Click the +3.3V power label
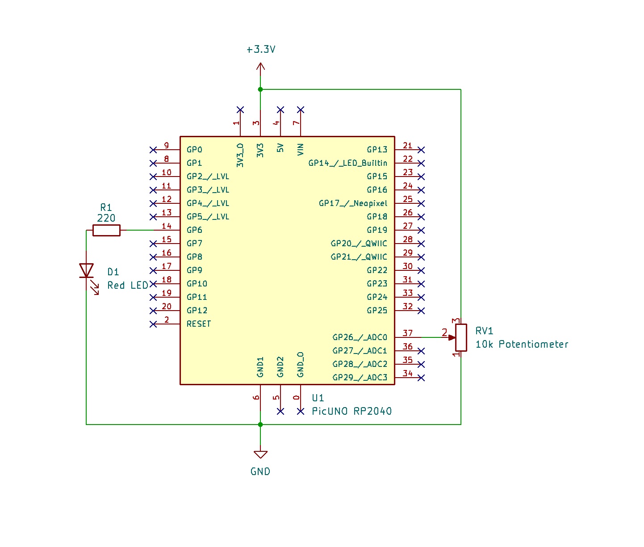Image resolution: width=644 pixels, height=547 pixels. click(261, 49)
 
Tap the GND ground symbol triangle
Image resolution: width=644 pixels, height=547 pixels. click(260, 454)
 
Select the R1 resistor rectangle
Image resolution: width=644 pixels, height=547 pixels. click(106, 230)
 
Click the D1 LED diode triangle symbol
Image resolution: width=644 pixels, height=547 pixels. click(86, 270)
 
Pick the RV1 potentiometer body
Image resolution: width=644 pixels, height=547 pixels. click(461, 337)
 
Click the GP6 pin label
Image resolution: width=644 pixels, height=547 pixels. click(194, 230)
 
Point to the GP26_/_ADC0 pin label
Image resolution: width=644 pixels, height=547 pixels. click(360, 337)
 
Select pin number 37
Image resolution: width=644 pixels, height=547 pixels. click(407, 333)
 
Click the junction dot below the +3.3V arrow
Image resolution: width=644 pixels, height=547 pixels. click(260, 89)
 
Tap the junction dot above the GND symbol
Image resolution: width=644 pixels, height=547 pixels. click(260, 425)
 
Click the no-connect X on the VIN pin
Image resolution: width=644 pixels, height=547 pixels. click(301, 109)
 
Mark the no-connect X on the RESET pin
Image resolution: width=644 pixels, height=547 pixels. click(153, 324)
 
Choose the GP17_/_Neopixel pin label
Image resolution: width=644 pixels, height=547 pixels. click(353, 203)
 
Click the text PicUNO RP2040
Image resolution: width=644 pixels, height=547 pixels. click(351, 411)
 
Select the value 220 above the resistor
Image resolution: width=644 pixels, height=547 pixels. click(106, 218)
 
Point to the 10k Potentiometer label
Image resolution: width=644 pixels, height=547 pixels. click(522, 344)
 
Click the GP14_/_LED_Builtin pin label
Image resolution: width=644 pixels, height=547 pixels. click(347, 163)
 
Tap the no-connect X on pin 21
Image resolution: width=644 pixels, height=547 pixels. click(421, 150)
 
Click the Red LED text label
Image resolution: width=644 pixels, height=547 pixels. click(128, 285)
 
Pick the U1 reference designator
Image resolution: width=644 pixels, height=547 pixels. click(318, 398)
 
